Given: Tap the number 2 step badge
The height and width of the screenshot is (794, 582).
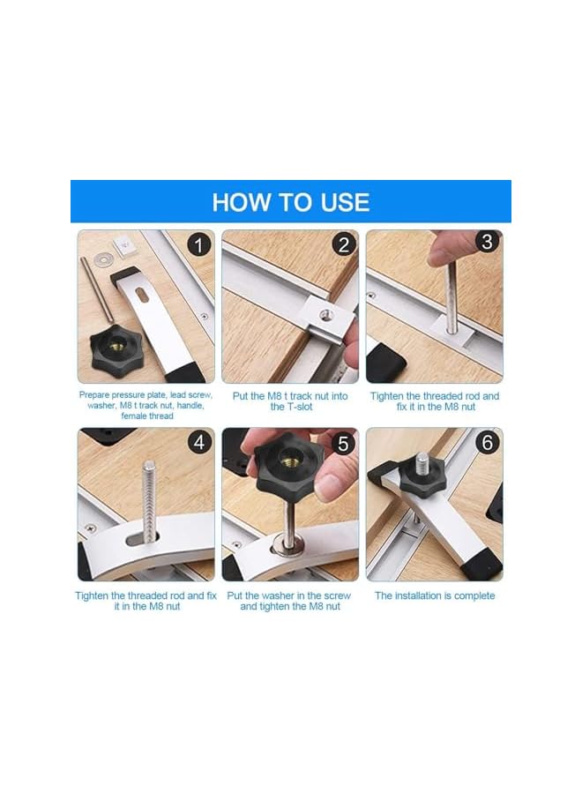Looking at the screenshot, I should pyautogui.click(x=344, y=244).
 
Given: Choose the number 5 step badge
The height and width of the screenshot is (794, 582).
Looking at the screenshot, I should pyautogui.click(x=344, y=442).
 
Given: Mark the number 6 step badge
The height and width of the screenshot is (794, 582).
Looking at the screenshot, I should pyautogui.click(x=488, y=442).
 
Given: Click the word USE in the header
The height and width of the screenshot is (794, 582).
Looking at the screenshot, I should pyautogui.click(x=340, y=202).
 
